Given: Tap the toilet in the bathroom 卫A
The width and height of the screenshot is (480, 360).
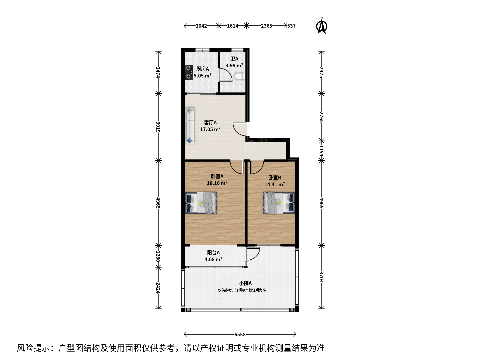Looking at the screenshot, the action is pos(240,76).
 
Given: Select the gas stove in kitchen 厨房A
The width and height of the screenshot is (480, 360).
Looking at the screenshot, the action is pos(189,72).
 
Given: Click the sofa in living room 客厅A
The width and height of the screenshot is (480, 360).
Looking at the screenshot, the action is pos(190,126).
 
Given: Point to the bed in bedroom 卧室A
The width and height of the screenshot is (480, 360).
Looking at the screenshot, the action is pos(201,203).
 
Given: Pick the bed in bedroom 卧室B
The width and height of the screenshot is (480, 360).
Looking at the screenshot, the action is pos(279,203).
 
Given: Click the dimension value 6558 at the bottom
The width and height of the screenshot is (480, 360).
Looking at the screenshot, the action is pos(240,335).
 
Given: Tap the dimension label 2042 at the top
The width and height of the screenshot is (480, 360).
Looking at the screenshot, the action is pos(201,26).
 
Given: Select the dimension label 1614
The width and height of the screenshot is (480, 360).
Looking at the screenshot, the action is pos(232,26).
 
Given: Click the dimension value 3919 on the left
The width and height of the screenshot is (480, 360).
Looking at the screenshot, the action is pos(158,127).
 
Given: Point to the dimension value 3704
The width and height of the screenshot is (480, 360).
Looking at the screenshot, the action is pos(321,277).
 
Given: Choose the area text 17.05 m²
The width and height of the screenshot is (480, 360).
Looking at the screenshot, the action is pos(210,129).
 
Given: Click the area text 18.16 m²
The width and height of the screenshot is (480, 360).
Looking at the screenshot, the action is pos(217,183).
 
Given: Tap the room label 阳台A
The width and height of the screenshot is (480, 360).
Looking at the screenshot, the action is pos(213,253).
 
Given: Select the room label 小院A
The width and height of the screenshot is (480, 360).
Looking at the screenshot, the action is pos(245,283).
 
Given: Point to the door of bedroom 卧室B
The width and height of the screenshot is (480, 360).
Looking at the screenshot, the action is pos(257,167).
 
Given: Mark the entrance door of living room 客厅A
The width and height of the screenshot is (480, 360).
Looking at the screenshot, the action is pos(240,129).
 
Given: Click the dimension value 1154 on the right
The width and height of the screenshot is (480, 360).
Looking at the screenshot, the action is pos(321,151).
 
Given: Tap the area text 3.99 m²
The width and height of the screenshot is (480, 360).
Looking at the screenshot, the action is pos(234,65).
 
